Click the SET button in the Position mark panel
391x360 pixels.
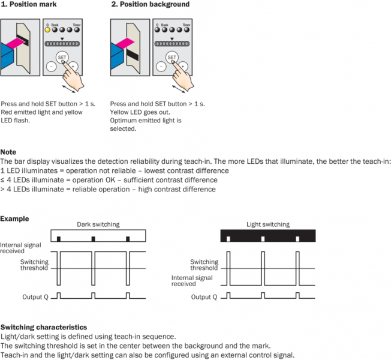pos(62,57)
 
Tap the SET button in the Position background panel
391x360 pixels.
pos(172,57)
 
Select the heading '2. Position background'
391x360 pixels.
pos(150,4)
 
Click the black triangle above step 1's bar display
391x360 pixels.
pos(62,38)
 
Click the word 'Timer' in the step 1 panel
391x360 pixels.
pos(77,25)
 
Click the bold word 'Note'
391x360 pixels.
pos(8,152)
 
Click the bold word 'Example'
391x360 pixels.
pos(14,218)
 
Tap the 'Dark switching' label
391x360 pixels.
pos(98,224)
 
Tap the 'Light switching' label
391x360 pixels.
pos(268,224)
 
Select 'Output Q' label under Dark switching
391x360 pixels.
pos(35,296)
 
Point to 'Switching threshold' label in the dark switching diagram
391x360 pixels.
pos(34,265)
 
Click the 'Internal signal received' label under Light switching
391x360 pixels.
pos(191,281)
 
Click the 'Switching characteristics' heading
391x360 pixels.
pos(43,327)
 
